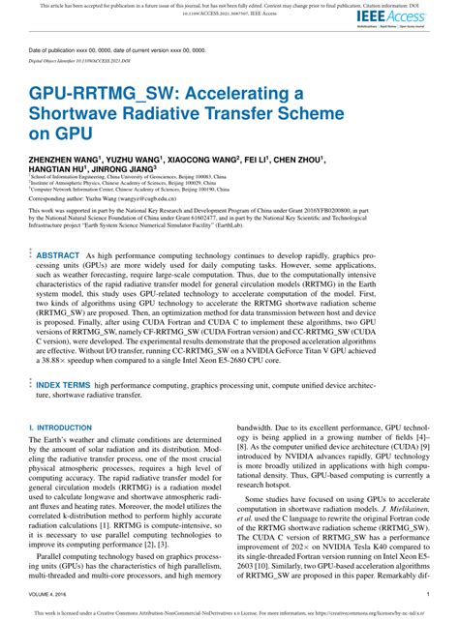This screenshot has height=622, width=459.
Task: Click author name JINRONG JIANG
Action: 120,167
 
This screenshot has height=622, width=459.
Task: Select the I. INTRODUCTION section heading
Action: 60,427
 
